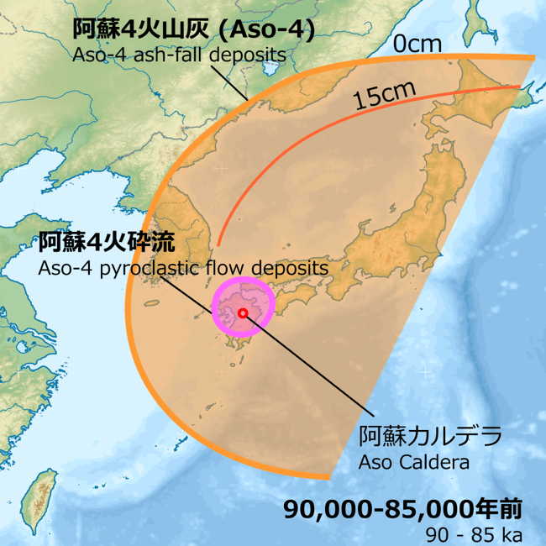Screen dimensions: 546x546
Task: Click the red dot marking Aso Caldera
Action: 243,312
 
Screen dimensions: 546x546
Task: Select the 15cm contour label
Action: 378,97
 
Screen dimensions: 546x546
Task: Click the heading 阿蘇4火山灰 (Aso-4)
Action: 193,29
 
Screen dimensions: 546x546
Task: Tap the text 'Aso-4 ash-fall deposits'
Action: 178,55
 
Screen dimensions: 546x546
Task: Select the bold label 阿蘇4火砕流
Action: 106,243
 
